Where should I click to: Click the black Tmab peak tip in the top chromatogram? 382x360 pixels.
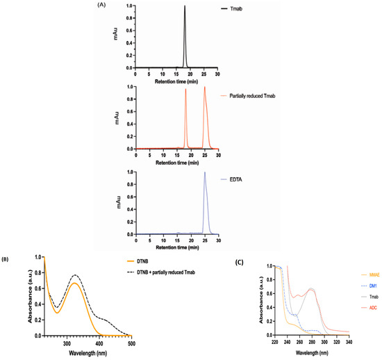(x=185, y=6)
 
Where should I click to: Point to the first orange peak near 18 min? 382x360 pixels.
(x=185, y=89)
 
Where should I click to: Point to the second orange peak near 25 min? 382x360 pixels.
(x=204, y=87)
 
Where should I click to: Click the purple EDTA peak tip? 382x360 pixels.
(x=204, y=172)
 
